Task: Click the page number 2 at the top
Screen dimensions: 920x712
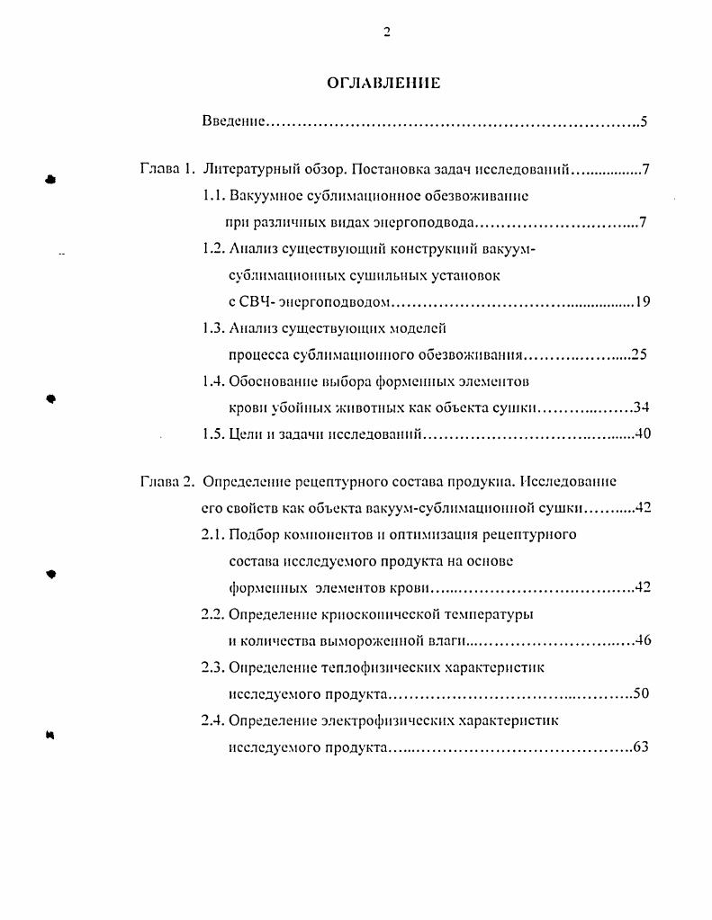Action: [x=386, y=33]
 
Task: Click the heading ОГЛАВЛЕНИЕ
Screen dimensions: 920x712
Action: [x=383, y=84]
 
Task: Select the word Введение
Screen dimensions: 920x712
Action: [x=233, y=121]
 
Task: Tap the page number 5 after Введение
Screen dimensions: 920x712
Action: [x=644, y=121]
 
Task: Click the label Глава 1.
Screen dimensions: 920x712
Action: [x=167, y=169]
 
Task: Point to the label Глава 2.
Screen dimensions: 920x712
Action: [x=167, y=481]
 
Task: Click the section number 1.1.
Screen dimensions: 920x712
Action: [x=213, y=195]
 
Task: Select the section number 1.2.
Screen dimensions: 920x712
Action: [x=213, y=249]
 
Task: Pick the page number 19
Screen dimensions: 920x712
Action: [x=642, y=302]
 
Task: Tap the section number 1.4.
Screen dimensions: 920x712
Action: [x=213, y=381]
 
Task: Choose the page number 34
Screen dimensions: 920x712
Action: [x=641, y=407]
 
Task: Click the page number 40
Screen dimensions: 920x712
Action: [x=642, y=434]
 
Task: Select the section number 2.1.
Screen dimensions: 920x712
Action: [x=213, y=534]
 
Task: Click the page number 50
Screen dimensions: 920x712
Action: [x=641, y=693]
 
